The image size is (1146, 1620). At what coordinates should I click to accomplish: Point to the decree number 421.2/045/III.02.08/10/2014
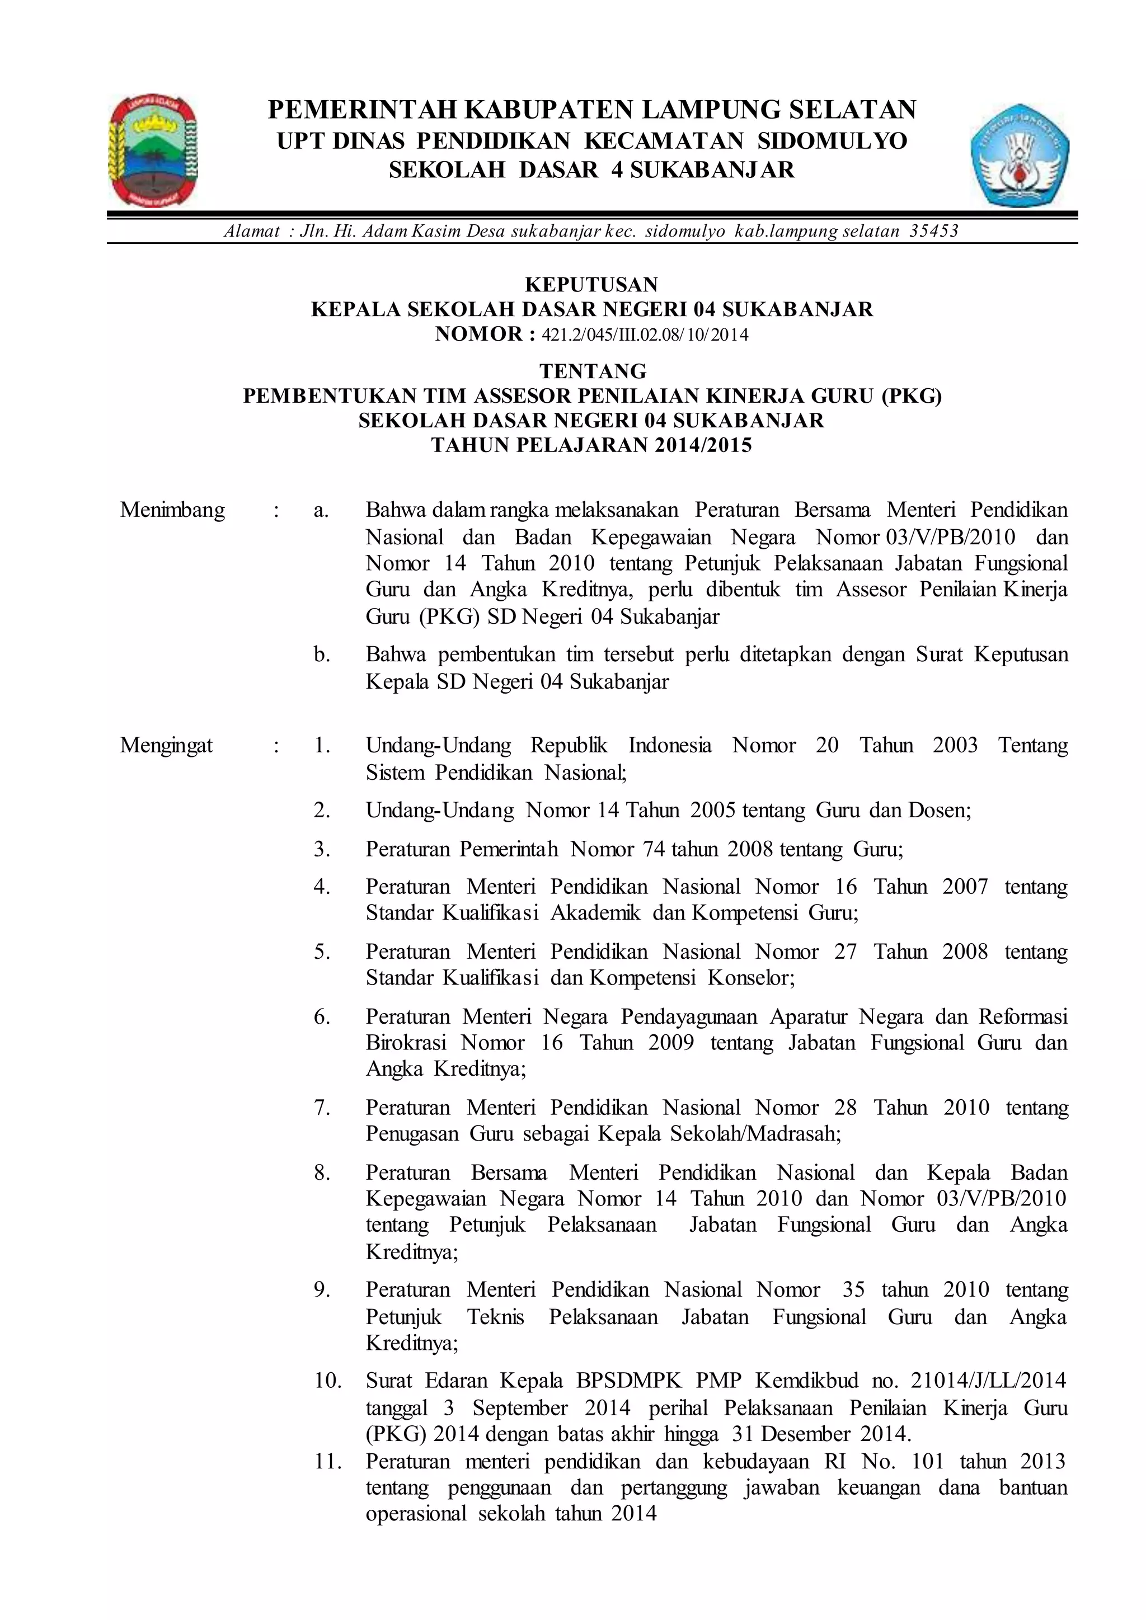pos(644,335)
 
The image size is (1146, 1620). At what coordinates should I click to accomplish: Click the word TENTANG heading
pos(593,371)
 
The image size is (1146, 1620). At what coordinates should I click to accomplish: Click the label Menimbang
pos(172,510)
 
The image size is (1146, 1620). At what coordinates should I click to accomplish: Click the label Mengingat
pos(167,746)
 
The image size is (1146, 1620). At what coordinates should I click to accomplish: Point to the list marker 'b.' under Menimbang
pos(322,656)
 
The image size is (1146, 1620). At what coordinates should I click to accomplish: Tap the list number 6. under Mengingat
pos(322,1018)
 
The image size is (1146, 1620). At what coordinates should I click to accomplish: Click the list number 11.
pos(327,1462)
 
